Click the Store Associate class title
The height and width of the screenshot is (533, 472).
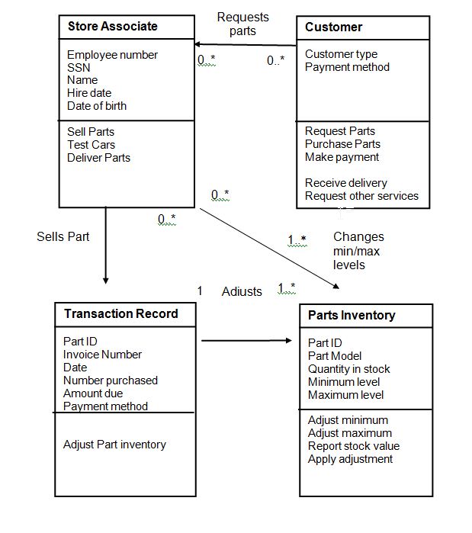(113, 26)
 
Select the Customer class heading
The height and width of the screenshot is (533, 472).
(333, 27)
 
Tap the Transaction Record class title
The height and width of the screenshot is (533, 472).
(121, 313)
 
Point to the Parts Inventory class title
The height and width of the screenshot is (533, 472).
(352, 316)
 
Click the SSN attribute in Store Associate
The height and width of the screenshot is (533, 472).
(79, 68)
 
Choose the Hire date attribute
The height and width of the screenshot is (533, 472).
(89, 93)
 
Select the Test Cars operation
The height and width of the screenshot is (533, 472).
(91, 145)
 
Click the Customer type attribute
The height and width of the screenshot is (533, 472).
(341, 54)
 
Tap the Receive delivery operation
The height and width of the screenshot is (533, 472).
(346, 183)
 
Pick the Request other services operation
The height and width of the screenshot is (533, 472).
(361, 196)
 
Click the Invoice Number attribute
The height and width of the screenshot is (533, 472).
(102, 355)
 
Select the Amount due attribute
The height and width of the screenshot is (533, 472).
(93, 393)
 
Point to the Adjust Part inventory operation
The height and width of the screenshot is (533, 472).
(114, 445)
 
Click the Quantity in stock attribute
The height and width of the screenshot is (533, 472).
(349, 369)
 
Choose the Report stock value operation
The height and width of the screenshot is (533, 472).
(354, 446)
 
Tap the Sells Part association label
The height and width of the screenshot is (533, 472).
(63, 236)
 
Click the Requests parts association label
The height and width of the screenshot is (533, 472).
(243, 24)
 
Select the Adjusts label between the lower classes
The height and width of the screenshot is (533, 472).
(242, 291)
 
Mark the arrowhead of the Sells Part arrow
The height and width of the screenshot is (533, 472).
(106, 281)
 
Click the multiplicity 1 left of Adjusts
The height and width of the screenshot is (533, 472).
(200, 291)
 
